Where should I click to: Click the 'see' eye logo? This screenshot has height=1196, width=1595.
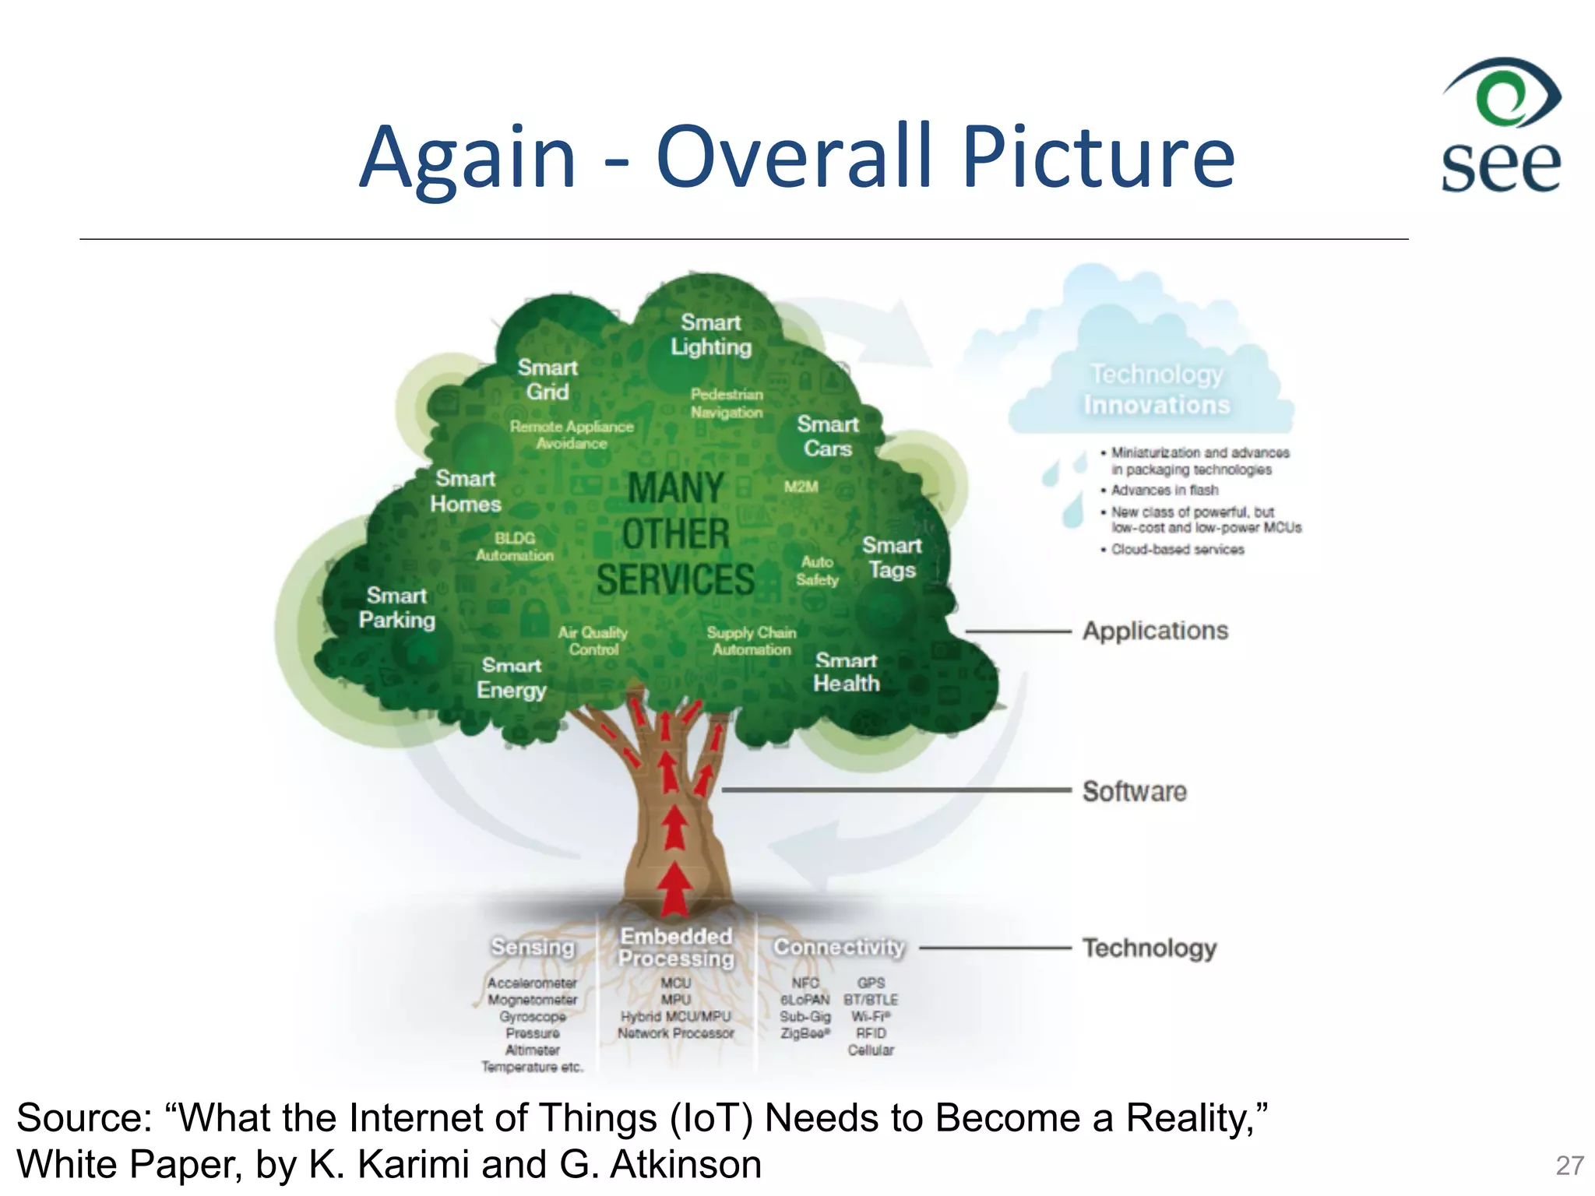tap(1501, 125)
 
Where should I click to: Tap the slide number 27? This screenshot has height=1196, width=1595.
tap(1569, 1166)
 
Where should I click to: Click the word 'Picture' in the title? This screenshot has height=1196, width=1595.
tap(1098, 157)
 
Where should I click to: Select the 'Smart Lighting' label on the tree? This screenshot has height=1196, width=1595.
tap(711, 335)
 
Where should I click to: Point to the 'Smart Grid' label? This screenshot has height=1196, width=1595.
tap(548, 379)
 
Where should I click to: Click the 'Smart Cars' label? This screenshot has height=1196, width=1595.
tap(827, 436)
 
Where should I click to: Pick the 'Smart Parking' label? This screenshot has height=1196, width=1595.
tap(396, 607)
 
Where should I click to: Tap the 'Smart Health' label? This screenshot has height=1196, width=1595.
tap(846, 672)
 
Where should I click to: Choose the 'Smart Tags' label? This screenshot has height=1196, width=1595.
tap(892, 558)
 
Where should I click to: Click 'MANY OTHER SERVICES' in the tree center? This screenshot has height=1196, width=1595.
tap(676, 534)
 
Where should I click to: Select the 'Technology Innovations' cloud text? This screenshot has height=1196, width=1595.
tap(1157, 389)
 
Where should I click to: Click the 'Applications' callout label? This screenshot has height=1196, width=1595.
tap(1155, 631)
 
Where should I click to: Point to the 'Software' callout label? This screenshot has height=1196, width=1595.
tap(1135, 791)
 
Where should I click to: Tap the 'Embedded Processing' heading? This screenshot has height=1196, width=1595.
tap(676, 947)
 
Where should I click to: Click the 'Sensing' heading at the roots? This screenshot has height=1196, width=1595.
tap(533, 947)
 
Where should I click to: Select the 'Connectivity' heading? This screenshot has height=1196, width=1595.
tap(839, 947)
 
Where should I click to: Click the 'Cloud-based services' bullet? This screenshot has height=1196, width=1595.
tap(1177, 550)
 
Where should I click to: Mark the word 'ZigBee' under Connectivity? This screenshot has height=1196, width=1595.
tap(805, 1033)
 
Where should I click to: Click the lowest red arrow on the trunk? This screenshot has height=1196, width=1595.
tap(674, 890)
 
